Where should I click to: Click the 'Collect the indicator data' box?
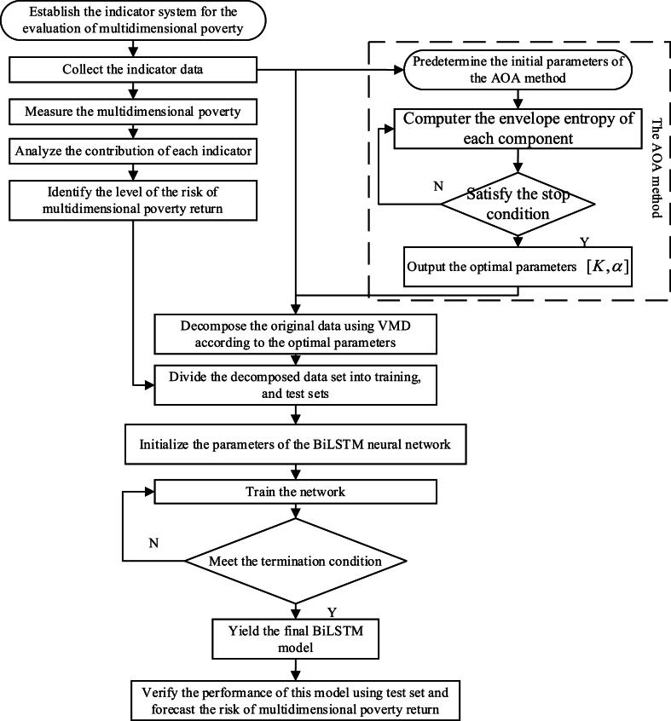[132, 69]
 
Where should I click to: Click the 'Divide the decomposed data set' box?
[295, 383]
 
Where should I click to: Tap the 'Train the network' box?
[295, 492]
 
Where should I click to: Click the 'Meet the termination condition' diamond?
[295, 562]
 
